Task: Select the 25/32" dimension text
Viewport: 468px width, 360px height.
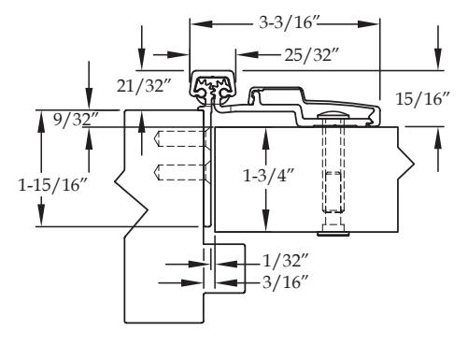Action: (x=312, y=55)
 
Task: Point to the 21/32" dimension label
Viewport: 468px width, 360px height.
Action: (x=144, y=85)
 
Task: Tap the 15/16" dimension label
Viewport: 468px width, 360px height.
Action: (x=423, y=99)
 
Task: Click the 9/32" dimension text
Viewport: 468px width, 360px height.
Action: (x=76, y=119)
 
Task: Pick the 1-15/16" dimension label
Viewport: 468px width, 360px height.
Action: (x=53, y=185)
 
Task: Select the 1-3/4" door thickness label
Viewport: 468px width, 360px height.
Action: (x=269, y=176)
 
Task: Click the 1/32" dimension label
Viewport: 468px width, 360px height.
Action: (x=286, y=261)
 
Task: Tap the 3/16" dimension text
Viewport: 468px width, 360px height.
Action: (x=286, y=282)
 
